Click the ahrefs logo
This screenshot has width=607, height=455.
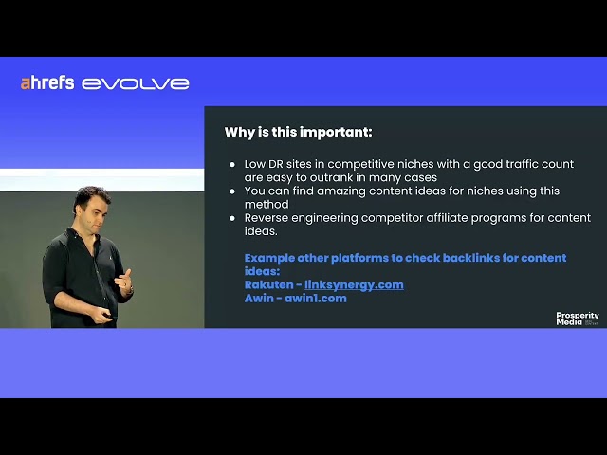pyautogui.click(x=47, y=83)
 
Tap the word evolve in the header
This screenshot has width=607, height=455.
pyautogui.click(x=135, y=84)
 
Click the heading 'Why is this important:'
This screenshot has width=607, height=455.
pyautogui.click(x=298, y=132)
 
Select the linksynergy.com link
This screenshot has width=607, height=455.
pyautogui.click(x=354, y=285)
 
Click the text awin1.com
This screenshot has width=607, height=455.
pyautogui.click(x=316, y=299)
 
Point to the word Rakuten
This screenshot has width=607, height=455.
pyautogui.click(x=269, y=285)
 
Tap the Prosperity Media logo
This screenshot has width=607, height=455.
pyautogui.click(x=578, y=318)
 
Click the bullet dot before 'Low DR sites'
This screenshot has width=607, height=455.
pyautogui.click(x=232, y=164)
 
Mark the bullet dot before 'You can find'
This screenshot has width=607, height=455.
pyautogui.click(x=232, y=191)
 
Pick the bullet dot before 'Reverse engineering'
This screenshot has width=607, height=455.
pyautogui.click(x=232, y=218)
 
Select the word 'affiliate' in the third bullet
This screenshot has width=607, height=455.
pyautogui.click(x=447, y=218)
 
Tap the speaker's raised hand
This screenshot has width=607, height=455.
pyautogui.click(x=124, y=281)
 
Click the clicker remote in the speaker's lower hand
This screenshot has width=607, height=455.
pyautogui.click(x=109, y=316)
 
